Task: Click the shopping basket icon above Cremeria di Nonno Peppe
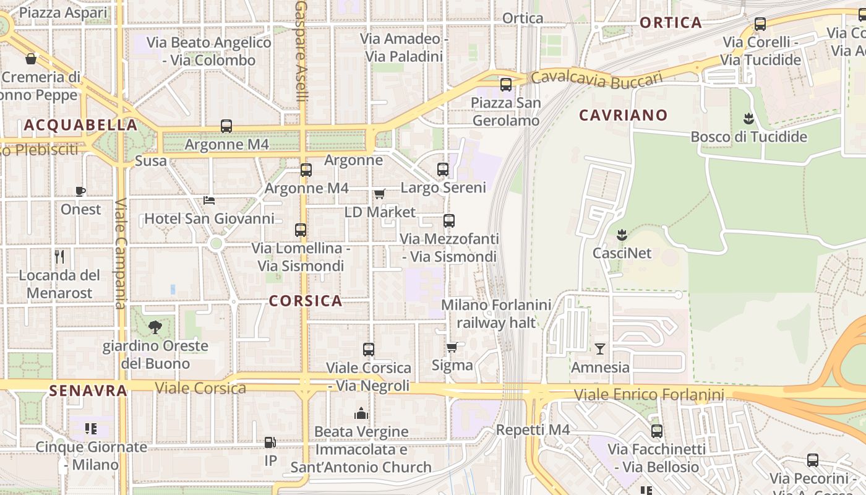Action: (x=30, y=59)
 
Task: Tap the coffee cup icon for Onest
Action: (x=80, y=191)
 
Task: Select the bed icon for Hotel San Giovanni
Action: (x=209, y=200)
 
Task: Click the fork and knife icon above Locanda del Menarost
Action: (x=59, y=256)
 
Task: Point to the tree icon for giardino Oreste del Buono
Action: (x=155, y=327)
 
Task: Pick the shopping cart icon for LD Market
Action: (x=379, y=194)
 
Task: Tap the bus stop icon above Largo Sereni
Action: (x=443, y=169)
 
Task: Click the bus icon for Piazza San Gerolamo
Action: (x=506, y=85)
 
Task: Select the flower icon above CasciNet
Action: (x=622, y=235)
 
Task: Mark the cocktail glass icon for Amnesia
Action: (x=599, y=349)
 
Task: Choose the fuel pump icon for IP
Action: (x=270, y=442)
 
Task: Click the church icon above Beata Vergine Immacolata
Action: (x=361, y=413)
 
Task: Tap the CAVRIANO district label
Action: (x=624, y=115)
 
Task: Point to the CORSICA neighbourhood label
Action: (x=306, y=301)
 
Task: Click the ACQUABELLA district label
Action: (x=80, y=125)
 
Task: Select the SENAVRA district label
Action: (x=88, y=390)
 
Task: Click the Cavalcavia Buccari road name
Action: (x=596, y=80)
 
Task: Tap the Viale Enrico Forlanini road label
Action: (x=648, y=395)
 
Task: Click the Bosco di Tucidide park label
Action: (x=748, y=137)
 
